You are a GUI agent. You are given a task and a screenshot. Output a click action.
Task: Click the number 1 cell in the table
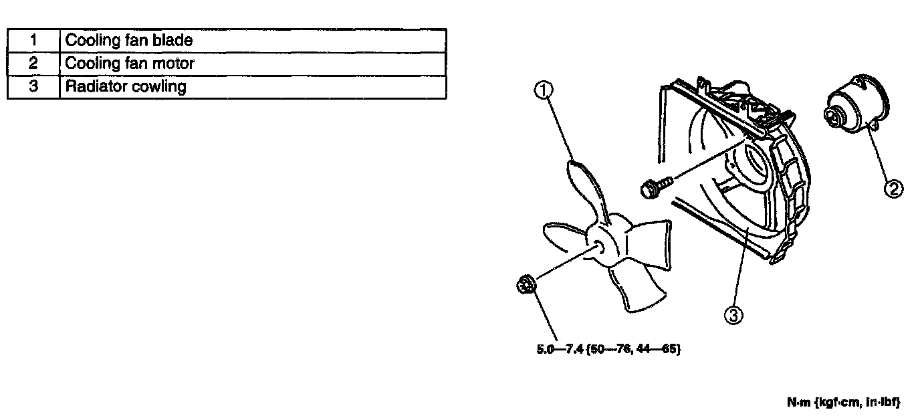pos(33,40)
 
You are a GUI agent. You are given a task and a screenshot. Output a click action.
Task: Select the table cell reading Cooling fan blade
pos(253,40)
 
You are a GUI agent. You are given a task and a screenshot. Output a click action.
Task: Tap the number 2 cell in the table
pos(33,64)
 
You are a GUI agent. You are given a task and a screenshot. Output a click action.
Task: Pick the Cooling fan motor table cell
pos(253,64)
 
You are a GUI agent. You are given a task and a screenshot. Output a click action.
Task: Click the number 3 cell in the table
pos(33,87)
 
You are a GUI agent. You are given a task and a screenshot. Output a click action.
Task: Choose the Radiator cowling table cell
pos(253,87)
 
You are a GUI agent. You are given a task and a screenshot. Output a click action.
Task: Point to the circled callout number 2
pos(894,189)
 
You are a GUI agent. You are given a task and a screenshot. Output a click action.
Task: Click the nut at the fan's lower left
pos(525,285)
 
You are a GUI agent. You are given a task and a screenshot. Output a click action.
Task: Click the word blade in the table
pos(175,40)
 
